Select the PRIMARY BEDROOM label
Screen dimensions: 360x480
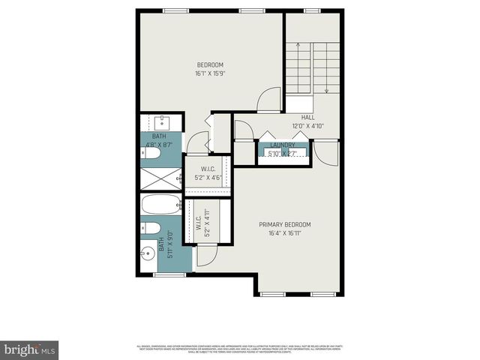point(284,224)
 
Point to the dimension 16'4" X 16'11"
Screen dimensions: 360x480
point(284,233)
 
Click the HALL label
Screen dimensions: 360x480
point(308,118)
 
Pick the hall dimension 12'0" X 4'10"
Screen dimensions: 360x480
point(308,127)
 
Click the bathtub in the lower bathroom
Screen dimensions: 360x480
point(161,205)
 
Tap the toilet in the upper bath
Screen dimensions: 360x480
point(151,154)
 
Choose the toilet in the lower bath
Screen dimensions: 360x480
point(150,228)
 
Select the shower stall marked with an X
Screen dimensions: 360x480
point(160,179)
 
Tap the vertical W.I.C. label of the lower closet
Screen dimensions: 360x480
point(202,223)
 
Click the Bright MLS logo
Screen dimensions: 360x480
point(30,349)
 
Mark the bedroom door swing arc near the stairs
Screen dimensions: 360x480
point(267,99)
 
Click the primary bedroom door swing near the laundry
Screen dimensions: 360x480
point(328,154)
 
